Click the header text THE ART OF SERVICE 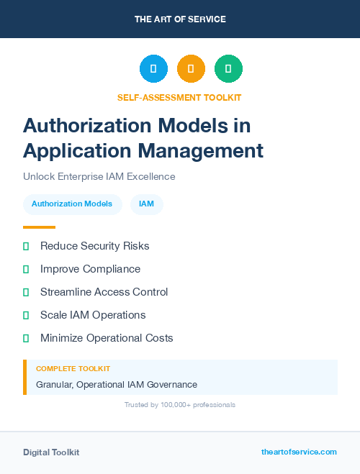click(180, 19)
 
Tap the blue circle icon click(153, 68)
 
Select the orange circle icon click(191, 68)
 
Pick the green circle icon click(228, 68)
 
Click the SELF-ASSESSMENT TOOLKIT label click(180, 97)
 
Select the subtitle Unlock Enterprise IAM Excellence click(99, 176)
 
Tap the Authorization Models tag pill click(72, 204)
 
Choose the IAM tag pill click(147, 204)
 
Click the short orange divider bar click(39, 227)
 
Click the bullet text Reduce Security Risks click(95, 246)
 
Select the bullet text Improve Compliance click(90, 269)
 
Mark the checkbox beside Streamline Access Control click(26, 292)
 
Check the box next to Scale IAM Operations click(26, 315)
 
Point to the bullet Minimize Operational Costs click(107, 338)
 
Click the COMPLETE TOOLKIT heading click(73, 368)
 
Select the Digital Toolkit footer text click(51, 452)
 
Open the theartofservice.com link click(299, 452)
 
